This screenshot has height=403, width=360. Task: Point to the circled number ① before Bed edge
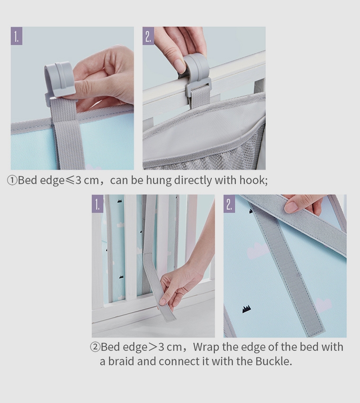click(12, 181)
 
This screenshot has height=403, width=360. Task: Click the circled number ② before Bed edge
click(95, 347)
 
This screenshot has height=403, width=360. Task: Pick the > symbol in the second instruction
click(152, 347)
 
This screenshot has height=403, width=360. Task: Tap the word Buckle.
click(273, 361)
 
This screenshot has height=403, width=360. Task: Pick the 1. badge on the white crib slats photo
click(98, 204)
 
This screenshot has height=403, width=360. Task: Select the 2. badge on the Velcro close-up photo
click(229, 204)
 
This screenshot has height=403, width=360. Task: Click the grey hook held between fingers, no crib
click(59, 78)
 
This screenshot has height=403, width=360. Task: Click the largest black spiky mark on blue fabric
click(246, 309)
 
